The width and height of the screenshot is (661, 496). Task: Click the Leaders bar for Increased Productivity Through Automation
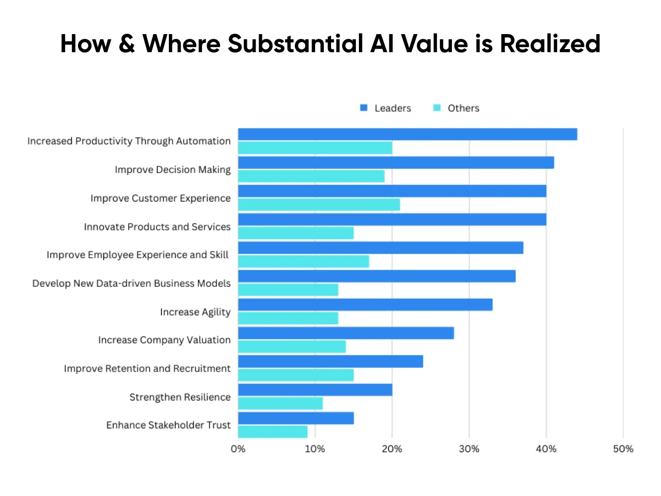tap(407, 134)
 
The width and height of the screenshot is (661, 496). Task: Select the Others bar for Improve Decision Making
tap(311, 176)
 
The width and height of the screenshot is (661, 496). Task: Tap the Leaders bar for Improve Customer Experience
tap(392, 191)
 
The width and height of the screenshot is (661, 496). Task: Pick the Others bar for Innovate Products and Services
tap(296, 233)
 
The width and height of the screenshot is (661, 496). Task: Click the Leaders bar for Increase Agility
tap(365, 305)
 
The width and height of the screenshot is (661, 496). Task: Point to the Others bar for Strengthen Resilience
tap(280, 404)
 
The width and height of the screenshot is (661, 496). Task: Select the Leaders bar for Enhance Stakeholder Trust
tap(296, 418)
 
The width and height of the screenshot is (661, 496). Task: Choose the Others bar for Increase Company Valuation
tap(292, 347)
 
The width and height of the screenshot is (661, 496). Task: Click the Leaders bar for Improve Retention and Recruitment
tap(330, 362)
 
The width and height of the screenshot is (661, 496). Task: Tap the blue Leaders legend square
tap(364, 107)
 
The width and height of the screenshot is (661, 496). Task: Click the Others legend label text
tap(463, 108)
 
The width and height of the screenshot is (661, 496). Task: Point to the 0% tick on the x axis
tap(238, 449)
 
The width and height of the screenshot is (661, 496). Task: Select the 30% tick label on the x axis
tap(469, 449)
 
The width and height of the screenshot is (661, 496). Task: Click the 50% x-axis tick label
tap(623, 449)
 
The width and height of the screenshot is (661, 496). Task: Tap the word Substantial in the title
tap(295, 44)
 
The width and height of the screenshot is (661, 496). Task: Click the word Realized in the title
tap(550, 44)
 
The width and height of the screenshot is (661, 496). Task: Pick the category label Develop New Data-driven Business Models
tap(131, 284)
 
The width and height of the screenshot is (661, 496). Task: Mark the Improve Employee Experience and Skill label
tap(137, 255)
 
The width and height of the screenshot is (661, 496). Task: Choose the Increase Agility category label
tap(195, 312)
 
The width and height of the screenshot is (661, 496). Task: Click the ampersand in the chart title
tap(127, 44)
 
